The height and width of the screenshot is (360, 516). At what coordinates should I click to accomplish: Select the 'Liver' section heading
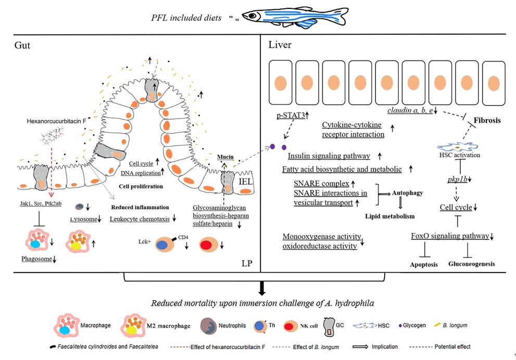(280, 45)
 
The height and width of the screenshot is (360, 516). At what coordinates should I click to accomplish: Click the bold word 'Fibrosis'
(487, 120)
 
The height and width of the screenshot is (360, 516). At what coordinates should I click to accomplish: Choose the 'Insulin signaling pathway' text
(329, 156)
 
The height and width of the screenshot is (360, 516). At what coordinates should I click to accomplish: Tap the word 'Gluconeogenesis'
(472, 264)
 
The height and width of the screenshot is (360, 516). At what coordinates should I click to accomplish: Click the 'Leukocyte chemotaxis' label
(140, 219)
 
